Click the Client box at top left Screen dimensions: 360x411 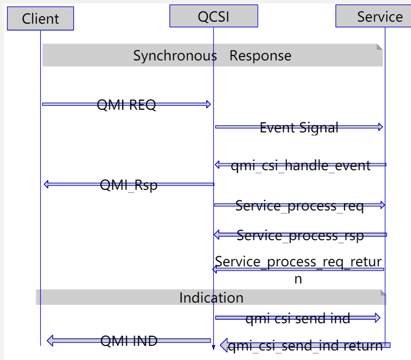pyautogui.click(x=40, y=19)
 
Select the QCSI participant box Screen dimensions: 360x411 pyautogui.click(x=213, y=16)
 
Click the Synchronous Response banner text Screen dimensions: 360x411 pyautogui.click(x=212, y=55)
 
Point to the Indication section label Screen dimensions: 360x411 pyautogui.click(x=211, y=298)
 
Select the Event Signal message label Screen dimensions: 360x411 pyautogui.click(x=299, y=127)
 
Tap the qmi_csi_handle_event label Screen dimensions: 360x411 pyautogui.click(x=300, y=165)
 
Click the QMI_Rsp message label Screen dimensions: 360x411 pyautogui.click(x=128, y=185)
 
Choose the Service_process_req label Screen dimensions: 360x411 pyautogui.click(x=299, y=205)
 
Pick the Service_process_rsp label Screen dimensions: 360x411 pyautogui.click(x=300, y=235)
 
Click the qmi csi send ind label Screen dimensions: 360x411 pyautogui.click(x=297, y=318)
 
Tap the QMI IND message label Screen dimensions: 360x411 pyautogui.click(x=129, y=341)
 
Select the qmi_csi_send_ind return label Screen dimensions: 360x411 pyautogui.click(x=305, y=346)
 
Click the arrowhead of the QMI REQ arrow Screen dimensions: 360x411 pyautogui.click(x=208, y=104)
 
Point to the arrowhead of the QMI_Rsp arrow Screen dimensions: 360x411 pyautogui.click(x=47, y=184)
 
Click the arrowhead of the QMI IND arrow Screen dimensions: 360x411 pyautogui.click(x=51, y=341)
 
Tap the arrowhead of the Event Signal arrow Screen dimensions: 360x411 pyautogui.click(x=380, y=127)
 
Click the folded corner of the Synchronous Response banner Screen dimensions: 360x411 pyautogui.click(x=380, y=47)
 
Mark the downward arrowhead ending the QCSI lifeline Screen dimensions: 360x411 pyautogui.click(x=213, y=347)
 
